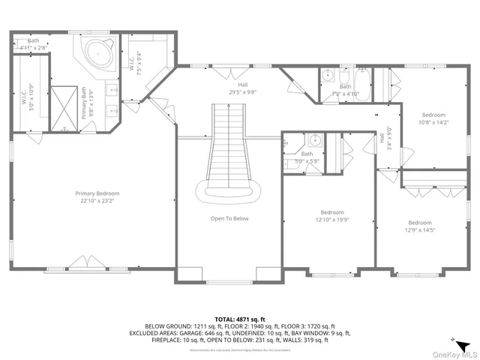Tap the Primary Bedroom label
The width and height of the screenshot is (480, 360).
(97, 193)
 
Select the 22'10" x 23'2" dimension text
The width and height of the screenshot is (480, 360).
(97, 201)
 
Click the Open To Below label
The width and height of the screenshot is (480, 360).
(229, 219)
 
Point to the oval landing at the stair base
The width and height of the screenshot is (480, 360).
(229, 191)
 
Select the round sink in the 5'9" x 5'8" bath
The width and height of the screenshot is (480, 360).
(315, 139)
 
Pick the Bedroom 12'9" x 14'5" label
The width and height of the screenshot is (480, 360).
(419, 226)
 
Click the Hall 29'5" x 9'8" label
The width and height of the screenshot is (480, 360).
(242, 88)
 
